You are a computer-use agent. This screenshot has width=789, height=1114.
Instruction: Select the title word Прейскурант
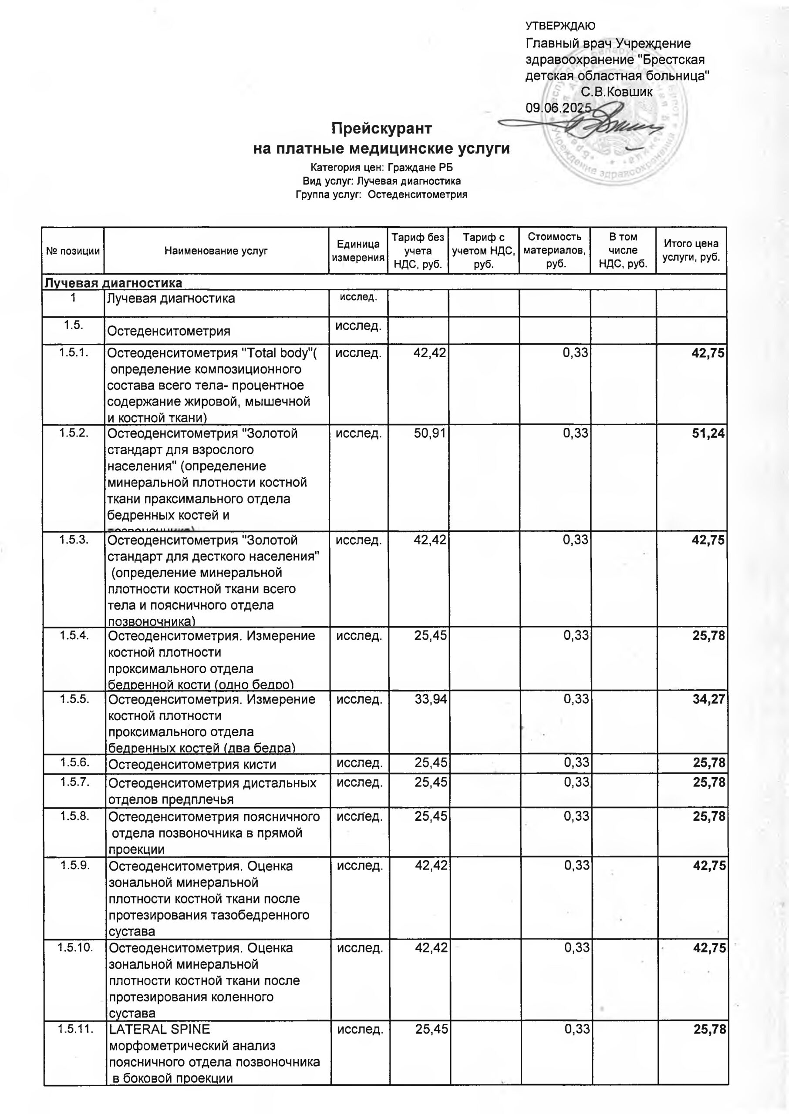381,129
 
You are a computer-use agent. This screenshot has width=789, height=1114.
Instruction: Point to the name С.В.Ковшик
617,92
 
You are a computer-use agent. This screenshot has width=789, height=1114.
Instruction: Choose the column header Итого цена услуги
691,251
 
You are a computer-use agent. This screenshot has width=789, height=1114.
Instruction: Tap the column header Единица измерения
358,251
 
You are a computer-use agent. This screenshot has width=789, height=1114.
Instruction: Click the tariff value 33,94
431,699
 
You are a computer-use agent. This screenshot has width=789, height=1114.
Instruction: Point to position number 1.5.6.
74,762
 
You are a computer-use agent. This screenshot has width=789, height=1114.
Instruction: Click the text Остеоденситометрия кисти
192,765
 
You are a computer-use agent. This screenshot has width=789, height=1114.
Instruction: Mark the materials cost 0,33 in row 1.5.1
575,353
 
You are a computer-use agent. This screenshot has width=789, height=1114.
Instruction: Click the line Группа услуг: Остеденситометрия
381,195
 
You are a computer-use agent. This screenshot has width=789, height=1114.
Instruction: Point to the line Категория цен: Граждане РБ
381,168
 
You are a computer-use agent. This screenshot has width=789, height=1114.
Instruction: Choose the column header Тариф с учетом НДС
483,251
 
